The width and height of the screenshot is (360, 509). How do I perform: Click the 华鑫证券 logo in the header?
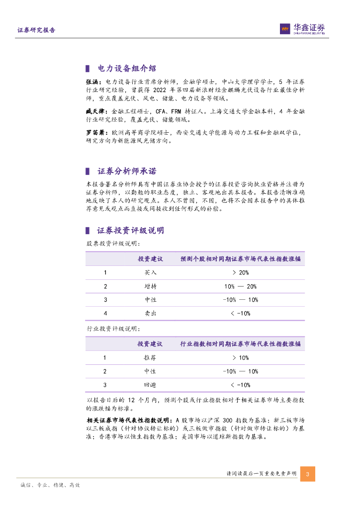coord(302,29)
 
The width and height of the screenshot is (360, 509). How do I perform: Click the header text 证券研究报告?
coord(36,30)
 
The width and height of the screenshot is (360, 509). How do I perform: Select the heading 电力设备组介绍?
coord(127,69)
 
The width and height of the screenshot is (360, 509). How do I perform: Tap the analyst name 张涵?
coord(93,82)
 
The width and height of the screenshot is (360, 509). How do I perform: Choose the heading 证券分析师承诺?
coord(127,171)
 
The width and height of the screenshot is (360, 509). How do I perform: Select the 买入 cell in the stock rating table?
coord(150,273)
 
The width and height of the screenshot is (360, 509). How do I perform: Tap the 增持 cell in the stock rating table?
coord(150,286)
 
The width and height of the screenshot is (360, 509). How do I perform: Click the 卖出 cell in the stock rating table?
coord(150,313)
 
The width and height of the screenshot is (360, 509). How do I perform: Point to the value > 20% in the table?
coord(240,273)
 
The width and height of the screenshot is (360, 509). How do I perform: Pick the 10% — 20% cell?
coord(240,286)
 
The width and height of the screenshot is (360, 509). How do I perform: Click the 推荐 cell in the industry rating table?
coord(150,358)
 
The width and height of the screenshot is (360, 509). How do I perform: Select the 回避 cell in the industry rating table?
coord(150,385)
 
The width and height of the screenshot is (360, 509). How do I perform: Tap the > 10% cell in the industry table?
coord(240,358)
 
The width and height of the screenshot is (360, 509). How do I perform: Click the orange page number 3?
coord(307,474)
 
